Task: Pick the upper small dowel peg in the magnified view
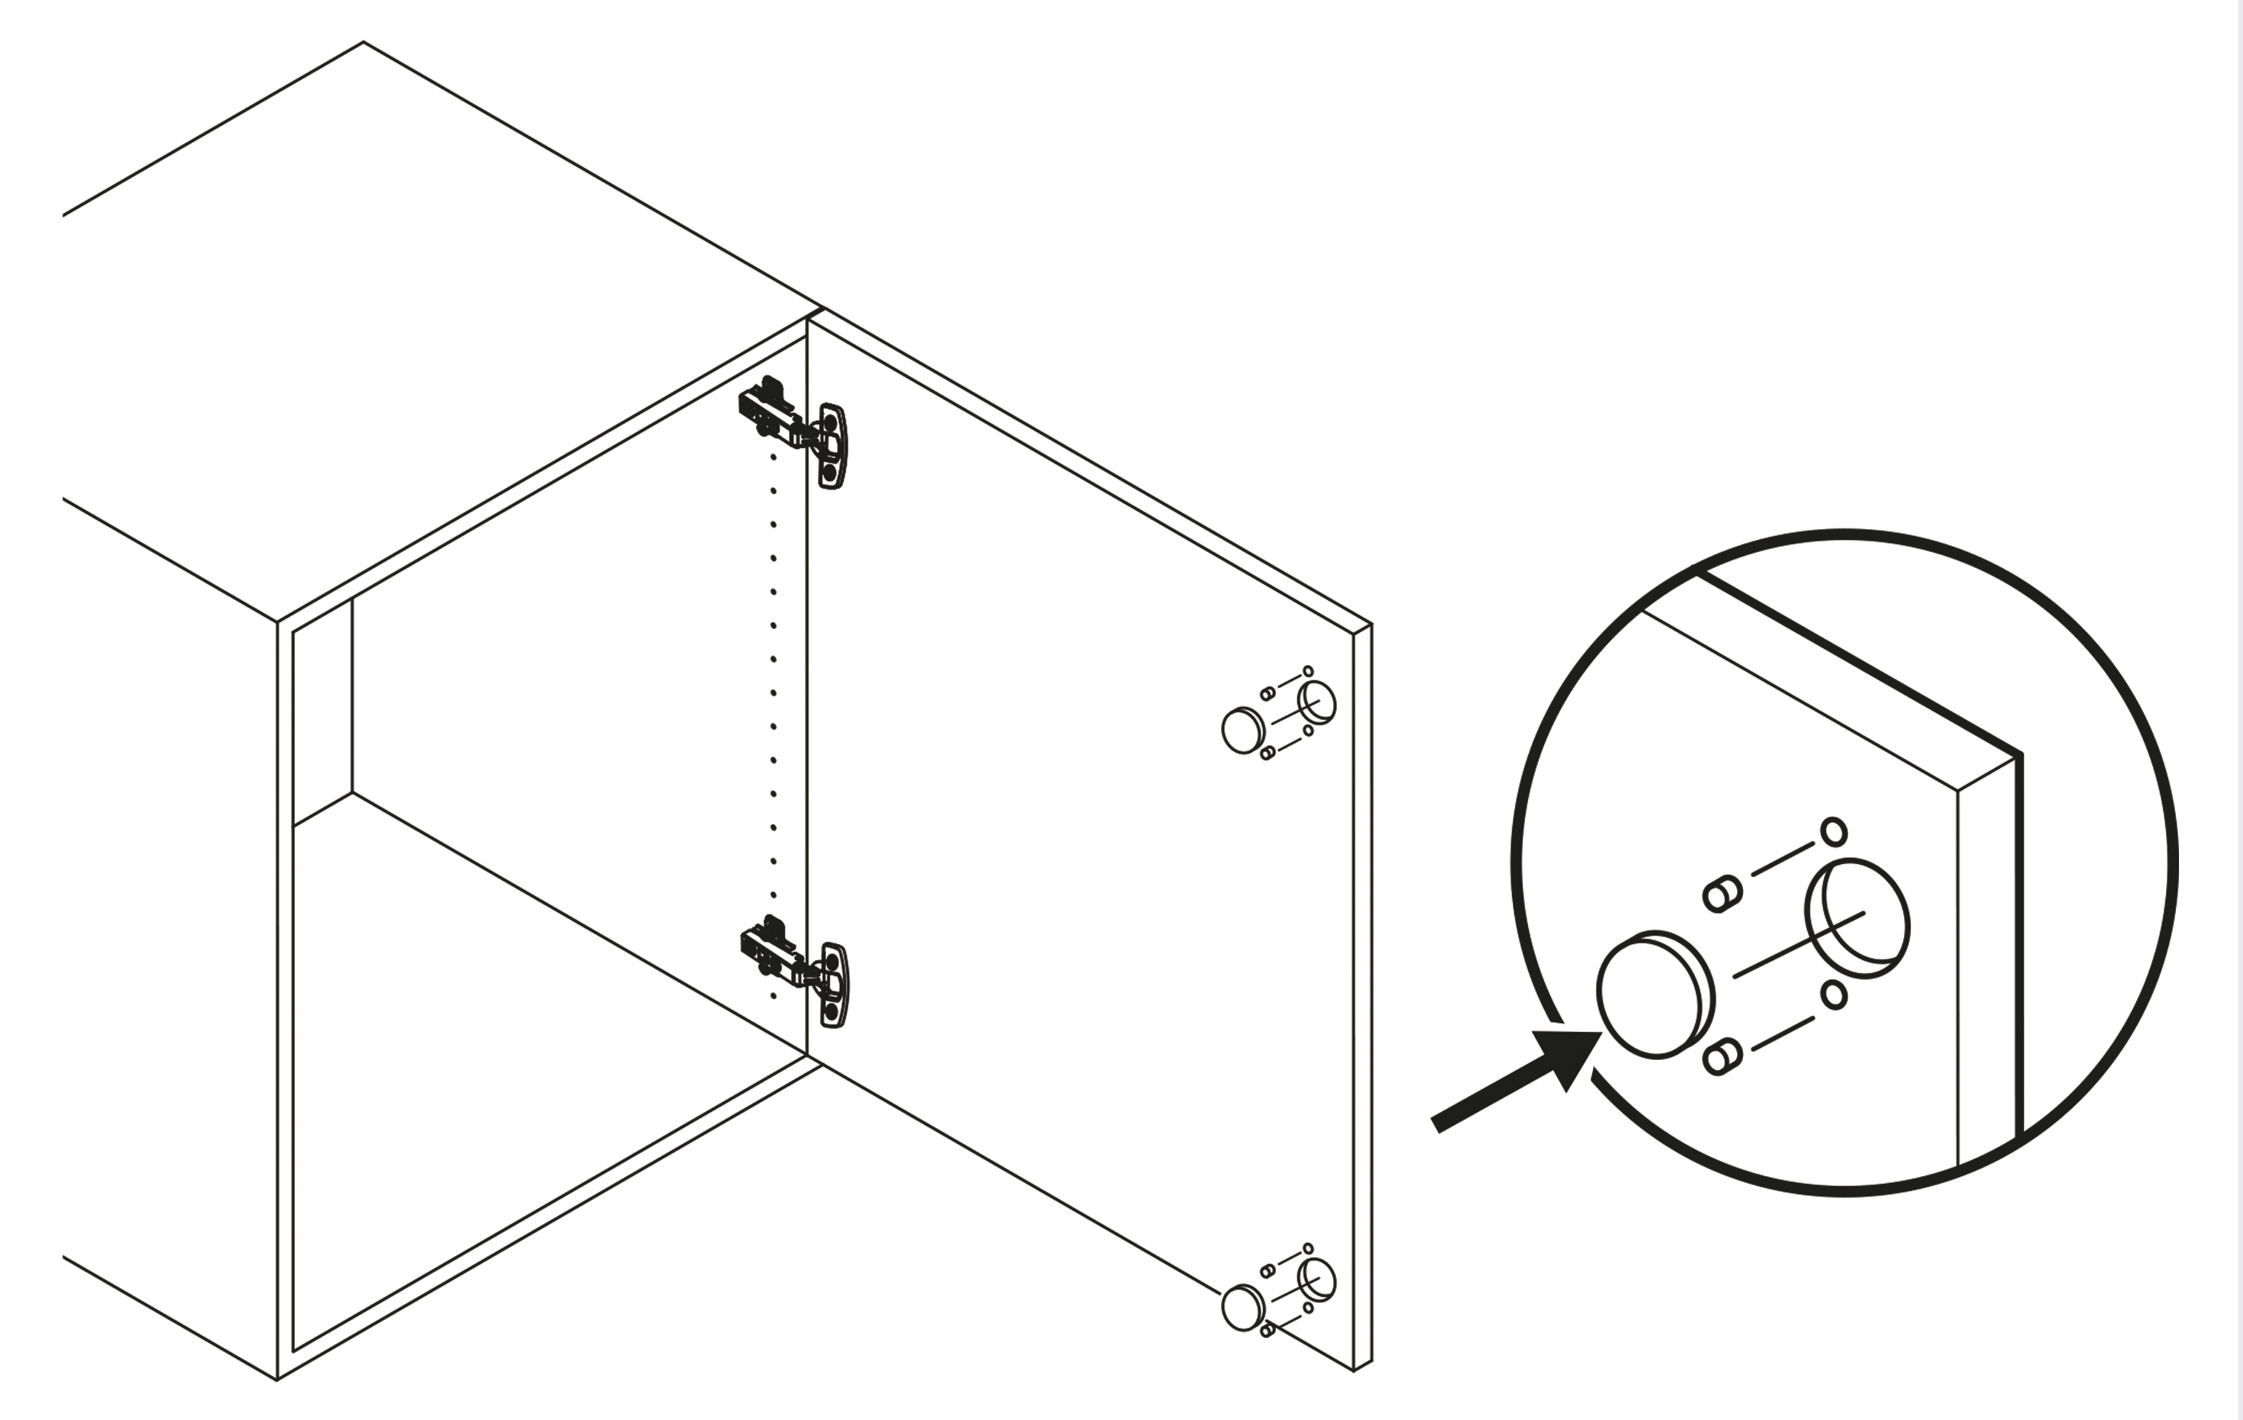click(1722, 895)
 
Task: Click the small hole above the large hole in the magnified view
click(1833, 832)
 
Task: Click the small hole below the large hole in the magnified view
click(1833, 995)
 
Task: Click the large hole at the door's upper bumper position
click(1316, 702)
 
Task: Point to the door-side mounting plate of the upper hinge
click(833, 445)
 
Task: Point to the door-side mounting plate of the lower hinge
click(835, 985)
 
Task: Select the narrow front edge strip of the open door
click(1362, 997)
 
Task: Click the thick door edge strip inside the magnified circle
click(1988, 959)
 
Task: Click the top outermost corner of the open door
click(1371, 625)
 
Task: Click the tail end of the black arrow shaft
click(1437, 1126)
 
